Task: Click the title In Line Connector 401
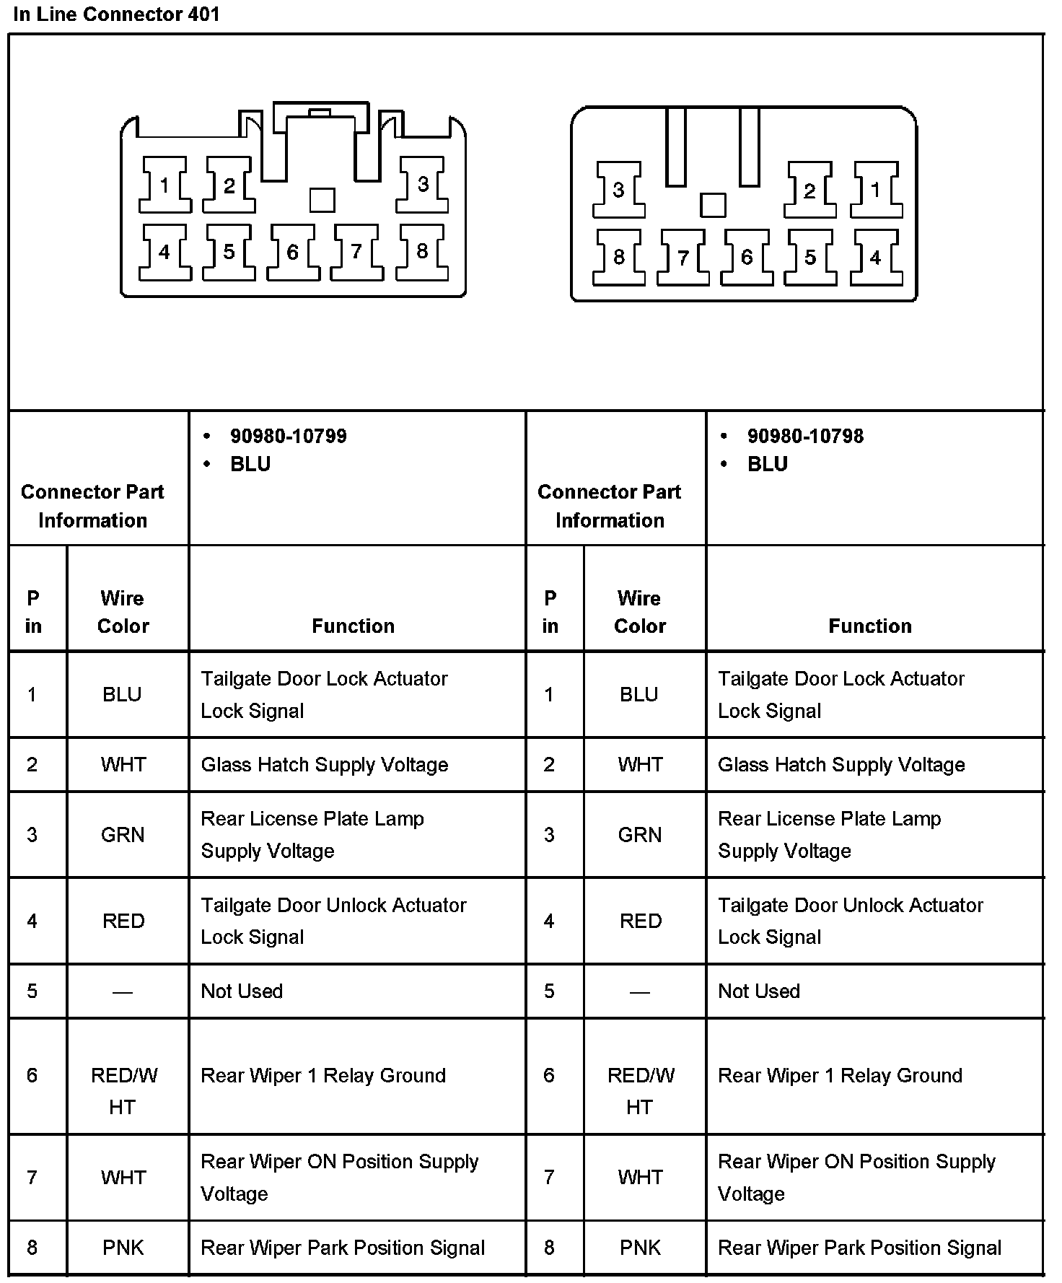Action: tap(116, 14)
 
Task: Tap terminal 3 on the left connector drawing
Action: tap(423, 185)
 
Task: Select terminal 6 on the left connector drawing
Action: tap(293, 252)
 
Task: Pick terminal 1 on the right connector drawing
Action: tap(875, 190)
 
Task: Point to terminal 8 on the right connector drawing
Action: tap(618, 257)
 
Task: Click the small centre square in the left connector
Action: tap(322, 200)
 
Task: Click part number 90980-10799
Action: tap(288, 436)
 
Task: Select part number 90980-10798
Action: tap(805, 436)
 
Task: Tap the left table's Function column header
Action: tap(353, 626)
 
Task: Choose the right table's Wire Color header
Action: tap(639, 612)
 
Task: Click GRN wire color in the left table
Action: tap(123, 835)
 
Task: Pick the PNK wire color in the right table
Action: tap(639, 1248)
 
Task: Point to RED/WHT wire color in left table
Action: tap(123, 1090)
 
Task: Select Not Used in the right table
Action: tap(759, 991)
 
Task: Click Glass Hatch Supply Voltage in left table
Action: tap(324, 765)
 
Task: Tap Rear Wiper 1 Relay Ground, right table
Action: tap(840, 1075)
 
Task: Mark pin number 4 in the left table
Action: tap(32, 921)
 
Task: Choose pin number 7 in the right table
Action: tap(549, 1178)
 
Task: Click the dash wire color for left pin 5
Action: tap(123, 992)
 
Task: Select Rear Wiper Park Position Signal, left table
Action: tap(343, 1248)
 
